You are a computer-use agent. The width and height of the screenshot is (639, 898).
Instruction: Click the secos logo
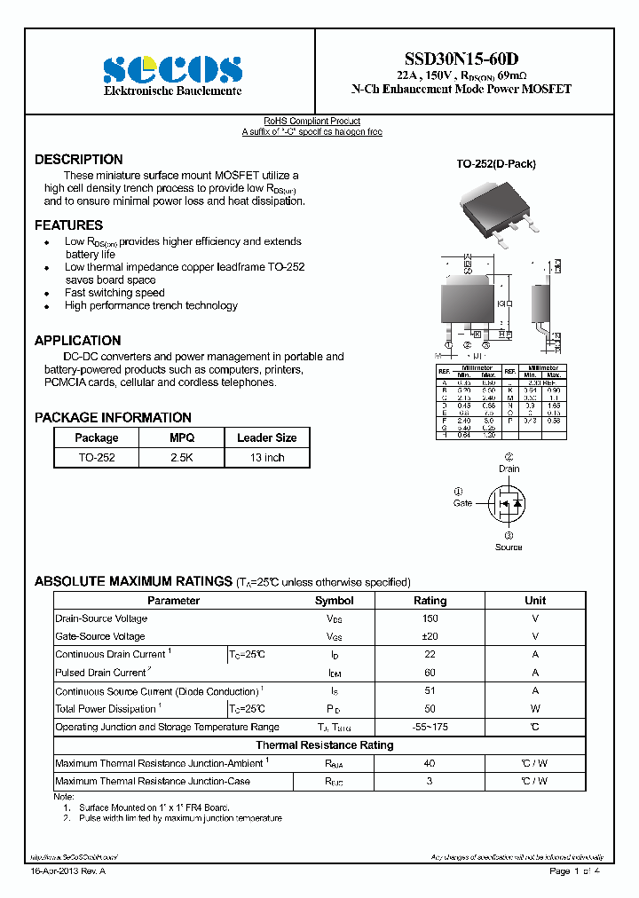click(x=172, y=70)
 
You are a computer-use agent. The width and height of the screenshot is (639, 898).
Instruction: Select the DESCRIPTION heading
click(x=79, y=160)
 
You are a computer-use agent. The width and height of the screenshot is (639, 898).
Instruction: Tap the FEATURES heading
click(x=68, y=225)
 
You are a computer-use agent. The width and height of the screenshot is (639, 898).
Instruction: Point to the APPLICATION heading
click(x=77, y=341)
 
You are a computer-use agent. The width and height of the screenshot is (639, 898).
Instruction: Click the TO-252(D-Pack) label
click(x=496, y=164)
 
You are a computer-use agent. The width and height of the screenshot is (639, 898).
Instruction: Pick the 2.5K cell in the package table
click(x=182, y=458)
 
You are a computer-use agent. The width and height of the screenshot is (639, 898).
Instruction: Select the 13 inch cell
click(x=266, y=458)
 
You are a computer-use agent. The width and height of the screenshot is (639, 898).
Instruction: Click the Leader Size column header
click(x=266, y=437)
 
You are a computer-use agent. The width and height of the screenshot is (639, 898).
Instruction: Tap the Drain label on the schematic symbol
click(x=509, y=469)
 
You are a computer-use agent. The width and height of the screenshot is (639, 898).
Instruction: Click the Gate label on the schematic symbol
click(x=462, y=503)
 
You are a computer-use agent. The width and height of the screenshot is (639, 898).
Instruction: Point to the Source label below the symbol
click(x=509, y=547)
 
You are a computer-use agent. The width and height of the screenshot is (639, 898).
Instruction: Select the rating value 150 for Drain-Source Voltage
click(x=430, y=618)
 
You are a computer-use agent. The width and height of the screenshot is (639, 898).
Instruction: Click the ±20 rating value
click(x=430, y=636)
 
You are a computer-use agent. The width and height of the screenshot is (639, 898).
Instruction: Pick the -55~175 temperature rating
click(x=430, y=727)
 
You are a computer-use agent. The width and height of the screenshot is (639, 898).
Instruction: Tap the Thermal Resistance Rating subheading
click(x=324, y=745)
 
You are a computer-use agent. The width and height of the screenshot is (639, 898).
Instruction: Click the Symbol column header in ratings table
click(x=334, y=601)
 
